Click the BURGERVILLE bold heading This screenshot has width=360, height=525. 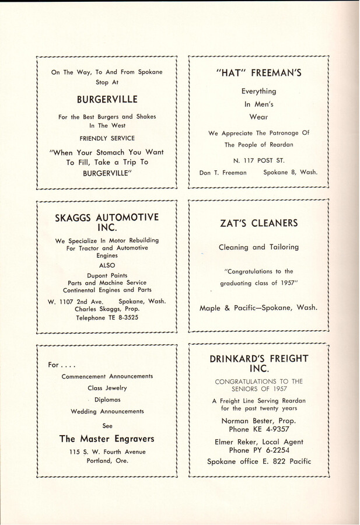click(106, 99)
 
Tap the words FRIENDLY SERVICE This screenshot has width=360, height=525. click(106, 138)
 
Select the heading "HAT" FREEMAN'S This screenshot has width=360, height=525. click(258, 73)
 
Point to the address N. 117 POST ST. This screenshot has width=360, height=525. click(258, 160)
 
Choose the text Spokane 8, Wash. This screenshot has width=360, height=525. click(289, 173)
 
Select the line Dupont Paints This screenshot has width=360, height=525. click(106, 275)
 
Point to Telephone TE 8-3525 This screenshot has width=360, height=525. click(106, 317)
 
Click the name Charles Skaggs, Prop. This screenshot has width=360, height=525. click(106, 309)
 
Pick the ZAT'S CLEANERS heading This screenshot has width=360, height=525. click(258, 223)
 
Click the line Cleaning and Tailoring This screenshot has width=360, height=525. click(258, 247)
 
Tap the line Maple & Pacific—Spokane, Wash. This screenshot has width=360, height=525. click(258, 308)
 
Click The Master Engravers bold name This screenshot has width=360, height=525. click(106, 438)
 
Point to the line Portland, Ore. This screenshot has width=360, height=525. click(106, 460)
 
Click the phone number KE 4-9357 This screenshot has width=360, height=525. click(274, 429)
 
